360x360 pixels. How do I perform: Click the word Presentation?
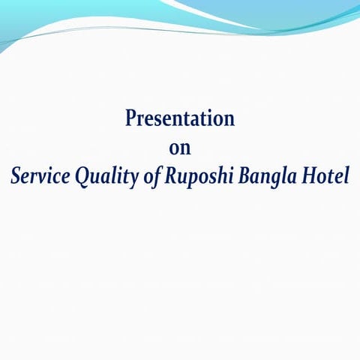180,118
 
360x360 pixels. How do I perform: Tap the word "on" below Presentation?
180,148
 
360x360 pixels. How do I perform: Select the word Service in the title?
38,177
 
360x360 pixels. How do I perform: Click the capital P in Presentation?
131,118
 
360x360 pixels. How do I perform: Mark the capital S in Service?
16,177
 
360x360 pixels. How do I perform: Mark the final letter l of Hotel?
345,177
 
